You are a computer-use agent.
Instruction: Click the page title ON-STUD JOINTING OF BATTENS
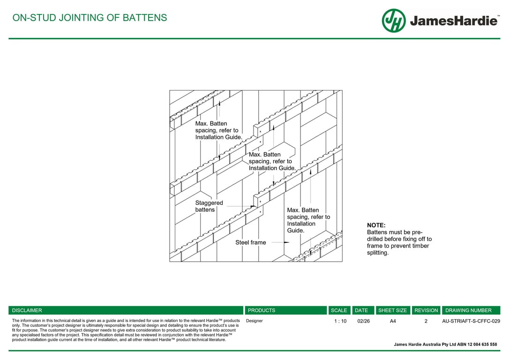[90, 18]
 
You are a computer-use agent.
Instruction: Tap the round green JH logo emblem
[394, 21]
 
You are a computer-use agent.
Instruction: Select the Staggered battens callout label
[209, 206]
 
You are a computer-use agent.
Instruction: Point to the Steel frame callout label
[250, 242]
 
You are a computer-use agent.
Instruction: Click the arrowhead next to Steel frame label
[286, 242]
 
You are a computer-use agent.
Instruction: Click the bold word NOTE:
[376, 225]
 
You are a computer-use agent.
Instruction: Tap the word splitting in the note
[378, 253]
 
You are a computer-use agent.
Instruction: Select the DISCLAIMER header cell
[126, 310]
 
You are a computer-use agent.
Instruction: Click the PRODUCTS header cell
[285, 310]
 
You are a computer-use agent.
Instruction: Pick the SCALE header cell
[339, 310]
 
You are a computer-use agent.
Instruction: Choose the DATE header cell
[361, 310]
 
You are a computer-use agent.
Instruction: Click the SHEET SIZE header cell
[392, 310]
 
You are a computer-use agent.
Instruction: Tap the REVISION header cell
[426, 310]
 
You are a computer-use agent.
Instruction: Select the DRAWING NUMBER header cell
[471, 310]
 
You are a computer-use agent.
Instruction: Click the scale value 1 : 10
[340, 321]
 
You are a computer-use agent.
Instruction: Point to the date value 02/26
[363, 321]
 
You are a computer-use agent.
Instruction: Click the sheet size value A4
[393, 321]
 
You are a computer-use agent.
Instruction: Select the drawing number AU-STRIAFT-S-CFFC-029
[471, 321]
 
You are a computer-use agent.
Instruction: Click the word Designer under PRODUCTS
[254, 321]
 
